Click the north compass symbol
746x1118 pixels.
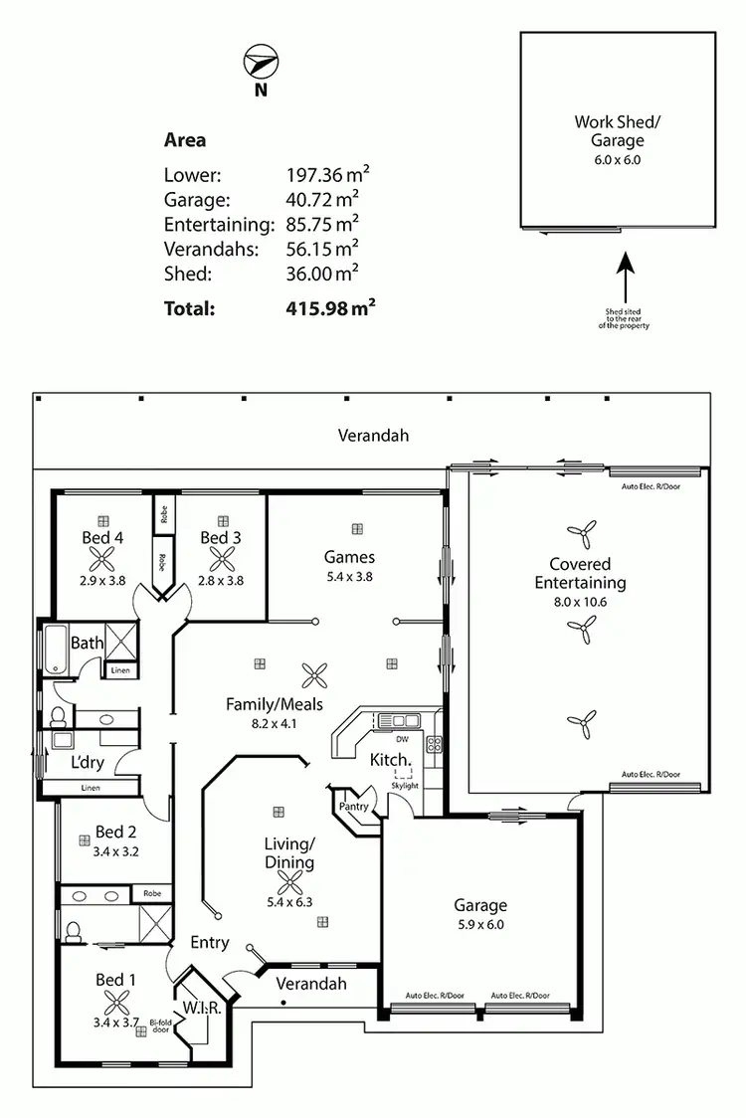click(260, 64)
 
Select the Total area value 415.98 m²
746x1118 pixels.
click(330, 308)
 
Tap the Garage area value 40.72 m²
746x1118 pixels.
click(322, 198)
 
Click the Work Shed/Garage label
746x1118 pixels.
click(617, 131)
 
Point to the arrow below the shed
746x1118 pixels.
click(626, 278)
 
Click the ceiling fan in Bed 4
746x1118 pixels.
click(103, 558)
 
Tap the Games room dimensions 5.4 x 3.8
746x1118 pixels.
click(348, 576)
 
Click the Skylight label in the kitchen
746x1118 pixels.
click(405, 786)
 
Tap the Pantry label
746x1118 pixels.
click(355, 807)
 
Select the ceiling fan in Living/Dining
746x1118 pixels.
click(289, 882)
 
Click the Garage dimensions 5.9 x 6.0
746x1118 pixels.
click(480, 924)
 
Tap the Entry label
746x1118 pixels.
click(209, 942)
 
